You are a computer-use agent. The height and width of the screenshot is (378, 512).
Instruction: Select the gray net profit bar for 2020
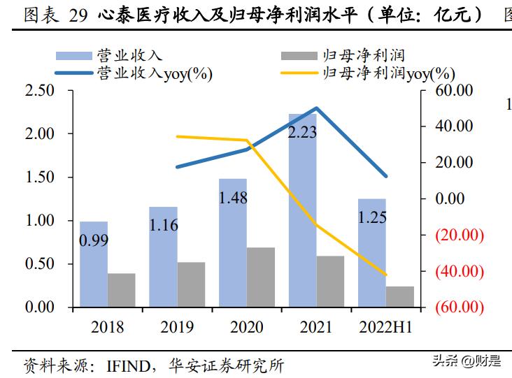[x=260, y=277]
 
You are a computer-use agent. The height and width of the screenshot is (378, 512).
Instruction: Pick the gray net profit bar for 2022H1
[x=399, y=296]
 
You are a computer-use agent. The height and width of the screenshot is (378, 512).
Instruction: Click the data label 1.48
[x=233, y=198]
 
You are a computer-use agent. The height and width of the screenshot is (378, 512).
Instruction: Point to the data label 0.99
[x=93, y=242]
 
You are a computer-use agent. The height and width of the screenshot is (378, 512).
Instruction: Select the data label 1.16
[x=163, y=225]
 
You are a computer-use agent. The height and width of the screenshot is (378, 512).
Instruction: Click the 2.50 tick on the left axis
[x=39, y=91]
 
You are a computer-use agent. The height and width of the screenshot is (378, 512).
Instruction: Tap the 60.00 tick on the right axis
[x=454, y=91]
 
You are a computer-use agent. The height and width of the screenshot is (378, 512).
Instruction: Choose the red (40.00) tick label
[x=459, y=271]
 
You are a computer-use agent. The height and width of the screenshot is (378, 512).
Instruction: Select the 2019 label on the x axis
[x=177, y=327]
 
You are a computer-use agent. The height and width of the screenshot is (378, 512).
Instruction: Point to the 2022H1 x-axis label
[x=385, y=327]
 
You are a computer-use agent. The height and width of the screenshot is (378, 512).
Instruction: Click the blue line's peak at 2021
[x=316, y=108]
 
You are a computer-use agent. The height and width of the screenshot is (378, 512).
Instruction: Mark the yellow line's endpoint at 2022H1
[x=385, y=275]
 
